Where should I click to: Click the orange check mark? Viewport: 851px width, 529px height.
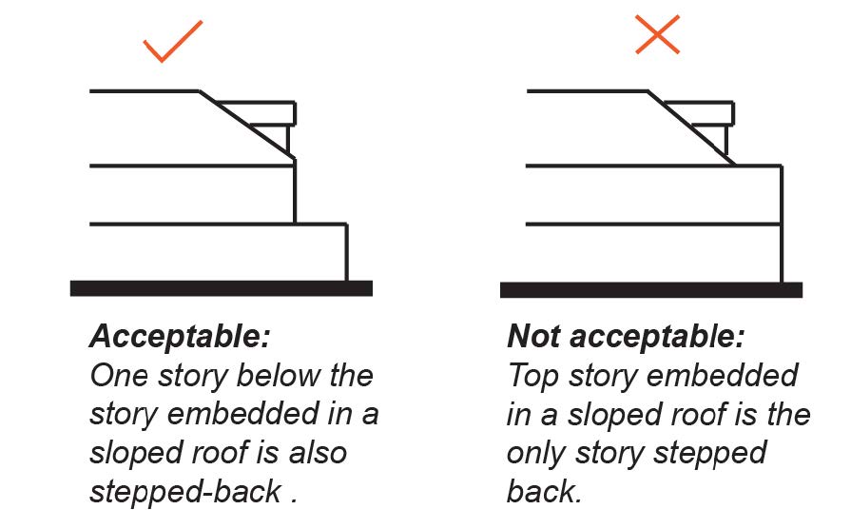[173, 40]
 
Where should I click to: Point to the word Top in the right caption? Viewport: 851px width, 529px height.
[534, 375]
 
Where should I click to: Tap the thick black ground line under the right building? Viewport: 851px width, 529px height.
[650, 289]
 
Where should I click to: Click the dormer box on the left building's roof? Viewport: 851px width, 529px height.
[269, 113]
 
